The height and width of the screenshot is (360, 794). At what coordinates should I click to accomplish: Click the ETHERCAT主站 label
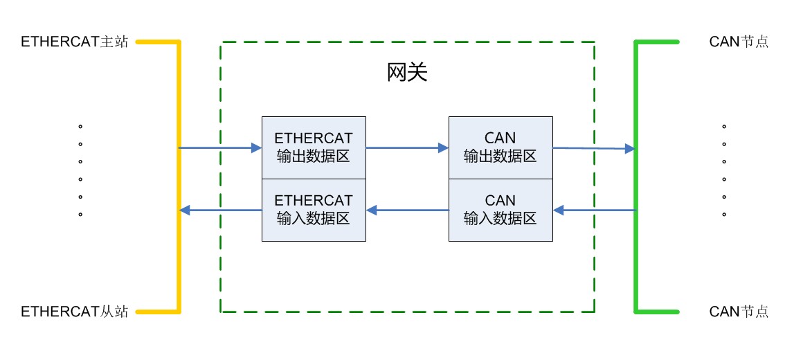tap(75, 42)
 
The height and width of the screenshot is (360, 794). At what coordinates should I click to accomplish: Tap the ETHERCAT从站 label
tap(75, 312)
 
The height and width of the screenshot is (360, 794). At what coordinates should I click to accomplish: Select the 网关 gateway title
tap(407, 73)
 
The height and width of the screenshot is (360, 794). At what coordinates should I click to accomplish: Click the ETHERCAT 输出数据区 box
tap(314, 147)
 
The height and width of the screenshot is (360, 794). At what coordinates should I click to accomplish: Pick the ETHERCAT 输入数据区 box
tap(314, 210)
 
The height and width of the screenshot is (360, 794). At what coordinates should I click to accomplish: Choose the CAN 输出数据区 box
tap(500, 147)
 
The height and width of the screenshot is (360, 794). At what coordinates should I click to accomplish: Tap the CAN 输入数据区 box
tap(500, 210)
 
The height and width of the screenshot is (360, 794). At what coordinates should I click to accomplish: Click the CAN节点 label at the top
tap(739, 42)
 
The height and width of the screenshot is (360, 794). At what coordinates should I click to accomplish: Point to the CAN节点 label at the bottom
tap(739, 312)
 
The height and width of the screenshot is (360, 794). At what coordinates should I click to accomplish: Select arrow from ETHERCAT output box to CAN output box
tap(407, 147)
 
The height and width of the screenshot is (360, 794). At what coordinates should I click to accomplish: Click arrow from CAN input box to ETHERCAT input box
tap(407, 210)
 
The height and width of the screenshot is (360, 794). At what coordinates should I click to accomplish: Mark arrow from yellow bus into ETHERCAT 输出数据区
tap(220, 147)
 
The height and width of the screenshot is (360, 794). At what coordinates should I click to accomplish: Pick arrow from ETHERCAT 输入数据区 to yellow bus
tap(220, 210)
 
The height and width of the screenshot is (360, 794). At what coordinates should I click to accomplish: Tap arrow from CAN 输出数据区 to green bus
tap(594, 148)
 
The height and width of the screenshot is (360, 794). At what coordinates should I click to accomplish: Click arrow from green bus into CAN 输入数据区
tap(594, 210)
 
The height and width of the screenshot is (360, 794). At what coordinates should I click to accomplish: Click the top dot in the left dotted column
tap(80, 127)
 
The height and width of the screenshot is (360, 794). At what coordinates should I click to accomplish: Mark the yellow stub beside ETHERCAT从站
tap(157, 312)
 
